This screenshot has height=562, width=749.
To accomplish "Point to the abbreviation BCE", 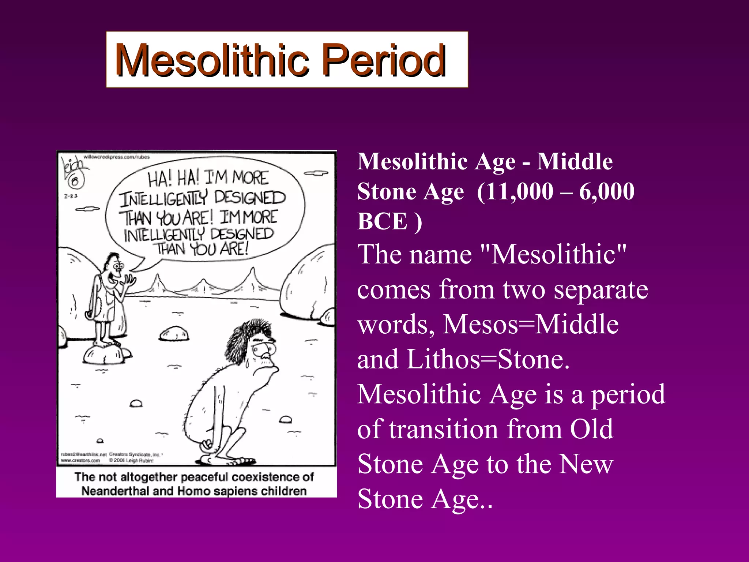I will coord(382,221).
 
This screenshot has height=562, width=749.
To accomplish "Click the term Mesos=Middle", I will coord(530,325).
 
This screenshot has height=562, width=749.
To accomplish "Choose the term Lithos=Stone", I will coord(488,359).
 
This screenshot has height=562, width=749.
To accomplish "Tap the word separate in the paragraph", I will coord(601,289).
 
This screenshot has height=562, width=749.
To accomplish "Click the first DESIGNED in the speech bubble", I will coord(249,198).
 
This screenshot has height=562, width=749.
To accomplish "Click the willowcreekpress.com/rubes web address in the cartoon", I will coord(117,157).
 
